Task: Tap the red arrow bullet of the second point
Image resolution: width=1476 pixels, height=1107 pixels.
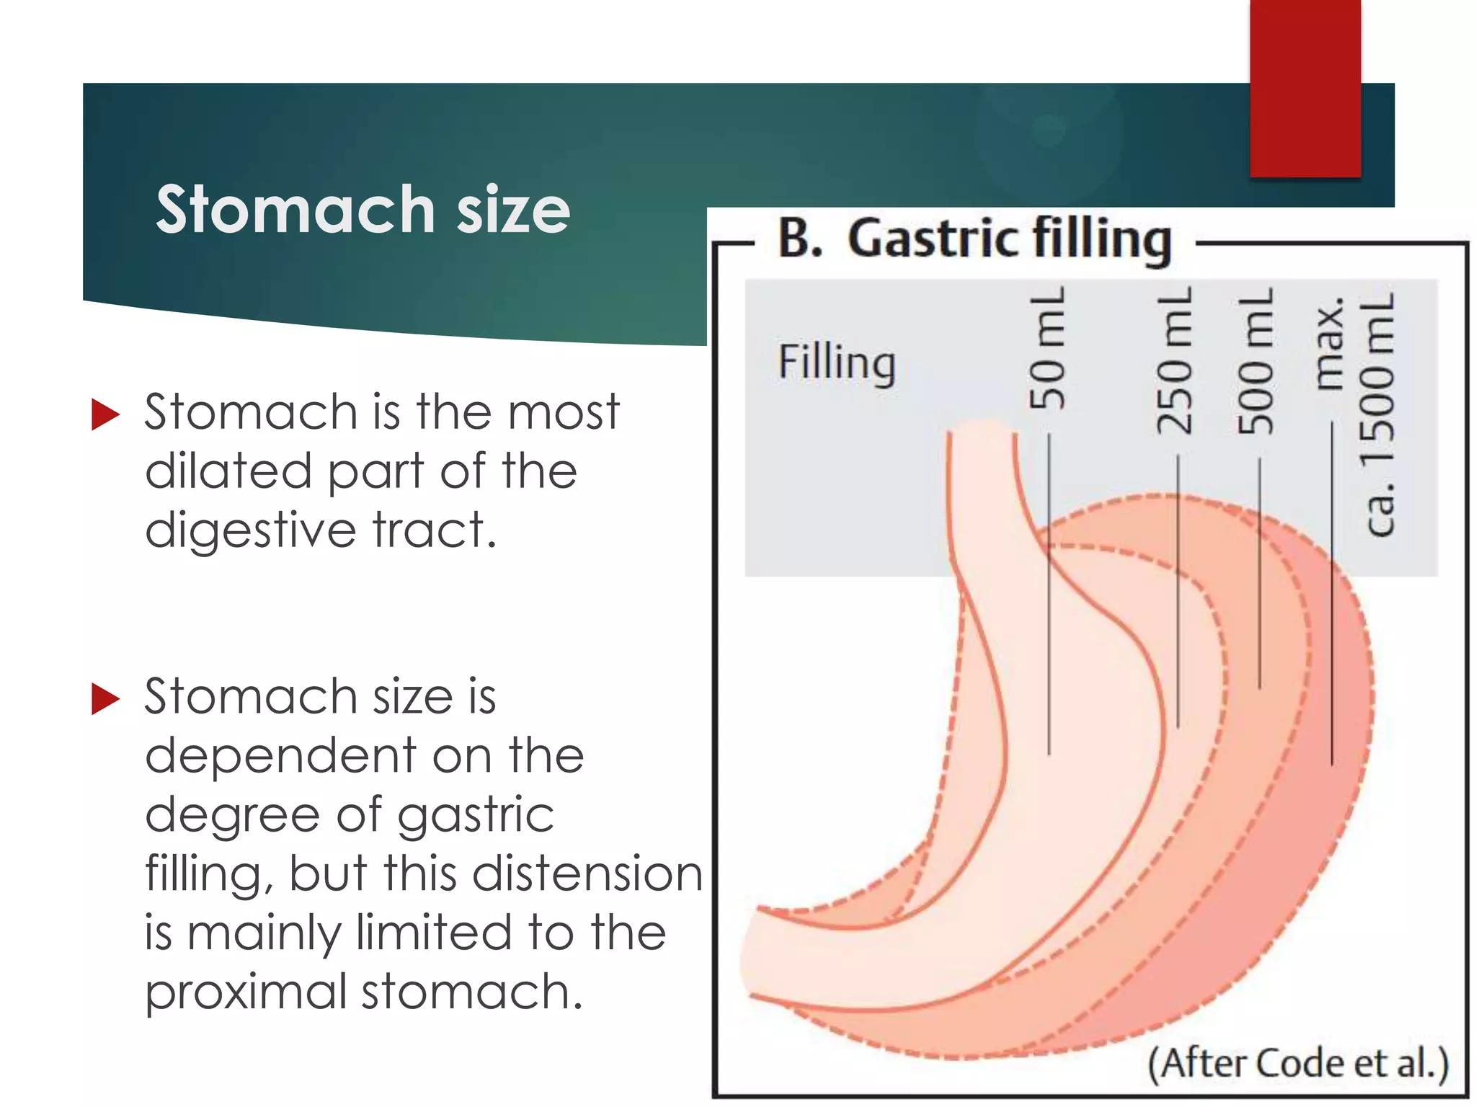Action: point(105,698)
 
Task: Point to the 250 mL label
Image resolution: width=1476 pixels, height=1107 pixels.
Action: point(1174,360)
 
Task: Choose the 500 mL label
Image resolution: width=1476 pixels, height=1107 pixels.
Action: point(1255,360)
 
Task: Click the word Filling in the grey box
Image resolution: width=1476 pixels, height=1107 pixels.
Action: point(837,362)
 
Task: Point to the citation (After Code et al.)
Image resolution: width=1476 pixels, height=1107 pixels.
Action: point(1297,1063)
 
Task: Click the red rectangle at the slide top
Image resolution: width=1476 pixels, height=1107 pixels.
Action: point(1305,86)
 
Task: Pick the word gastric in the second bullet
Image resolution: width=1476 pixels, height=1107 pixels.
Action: point(476,815)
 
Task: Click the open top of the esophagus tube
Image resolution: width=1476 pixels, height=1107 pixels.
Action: point(982,430)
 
